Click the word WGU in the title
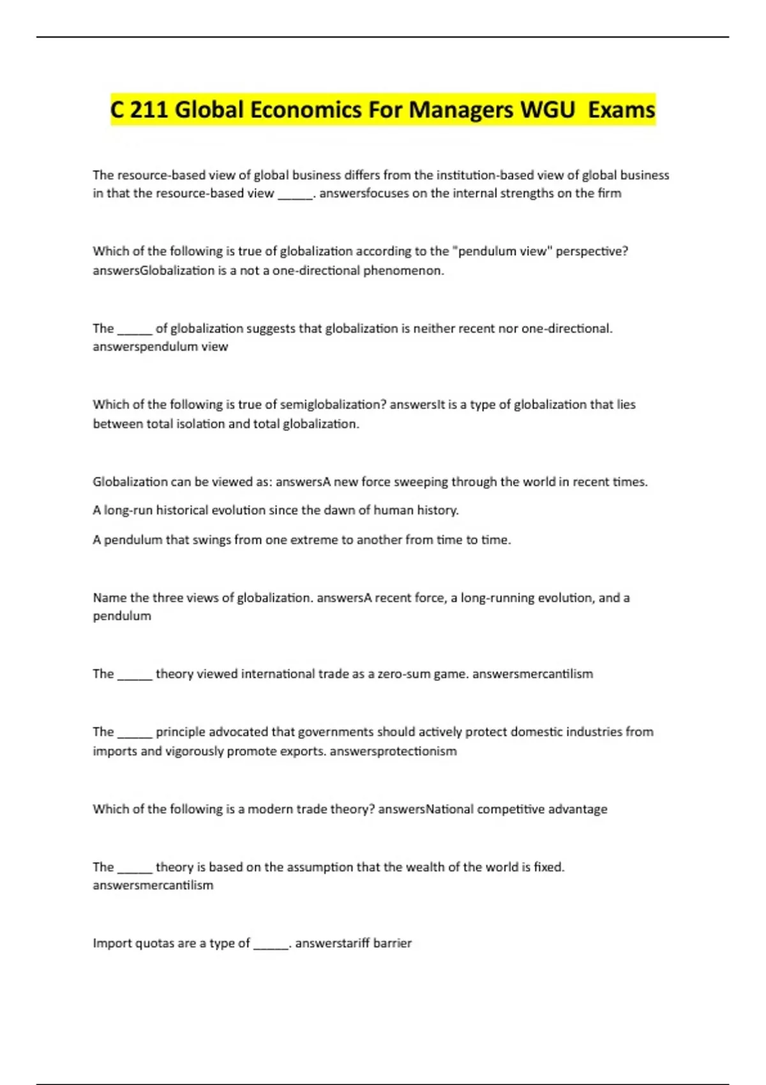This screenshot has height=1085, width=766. click(x=548, y=110)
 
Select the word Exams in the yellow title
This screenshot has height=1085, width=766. click(x=621, y=110)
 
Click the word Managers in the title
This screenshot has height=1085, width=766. click(x=461, y=110)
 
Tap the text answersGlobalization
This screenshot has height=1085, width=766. click(x=153, y=271)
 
